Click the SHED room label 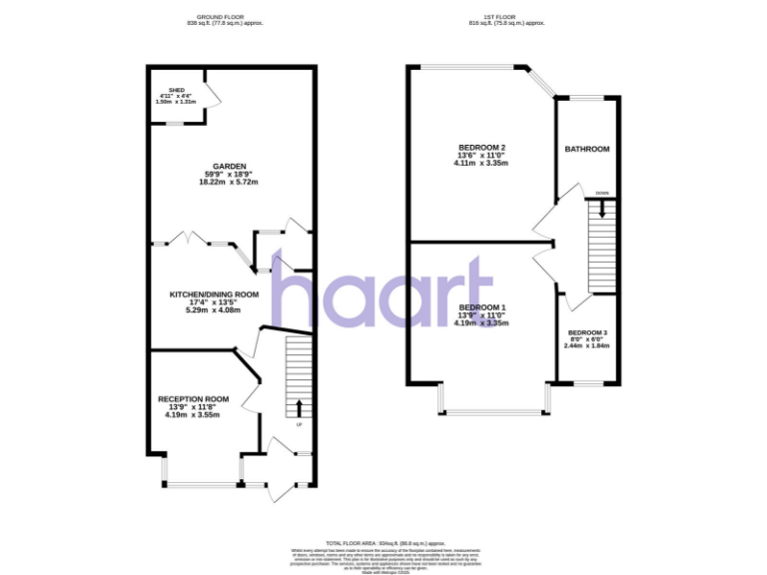point(178,88)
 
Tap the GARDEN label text point(229,167)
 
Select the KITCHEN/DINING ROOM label point(214,294)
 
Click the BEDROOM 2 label point(481,147)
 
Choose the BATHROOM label point(586,150)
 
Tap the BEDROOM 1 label point(481,307)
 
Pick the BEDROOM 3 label point(587,332)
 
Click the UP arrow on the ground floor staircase point(299,407)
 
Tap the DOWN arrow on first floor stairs point(602,209)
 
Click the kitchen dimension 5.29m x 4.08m point(214,311)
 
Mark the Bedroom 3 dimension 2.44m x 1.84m point(587,345)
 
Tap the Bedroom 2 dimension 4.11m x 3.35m point(481,164)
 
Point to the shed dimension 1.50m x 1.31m point(178,102)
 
